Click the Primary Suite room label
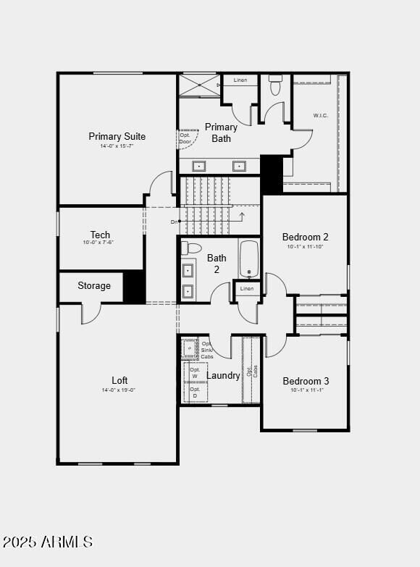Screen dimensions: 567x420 point(117,136)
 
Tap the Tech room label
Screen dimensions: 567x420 point(100,235)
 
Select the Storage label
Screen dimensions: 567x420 point(94,286)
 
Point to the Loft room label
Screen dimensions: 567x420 point(119,380)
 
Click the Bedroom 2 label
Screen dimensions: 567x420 point(306,237)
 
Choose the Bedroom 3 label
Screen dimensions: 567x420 point(306,381)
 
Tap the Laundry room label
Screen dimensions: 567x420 point(223,375)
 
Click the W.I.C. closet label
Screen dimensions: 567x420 point(321,115)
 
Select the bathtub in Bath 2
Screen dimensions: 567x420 point(249,259)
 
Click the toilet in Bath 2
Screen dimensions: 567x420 point(191,248)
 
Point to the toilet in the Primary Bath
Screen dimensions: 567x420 point(275,86)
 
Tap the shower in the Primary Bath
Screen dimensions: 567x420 point(199,85)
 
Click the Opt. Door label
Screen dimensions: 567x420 point(185,138)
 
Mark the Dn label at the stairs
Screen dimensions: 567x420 point(174,222)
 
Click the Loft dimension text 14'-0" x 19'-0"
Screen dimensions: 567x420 point(119,390)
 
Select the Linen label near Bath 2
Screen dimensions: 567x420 point(247,289)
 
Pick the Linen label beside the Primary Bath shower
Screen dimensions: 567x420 point(240,80)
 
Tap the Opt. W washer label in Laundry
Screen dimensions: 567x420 point(195,373)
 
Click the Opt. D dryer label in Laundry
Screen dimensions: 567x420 point(195,392)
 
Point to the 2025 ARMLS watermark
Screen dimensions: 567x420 point(48,542)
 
